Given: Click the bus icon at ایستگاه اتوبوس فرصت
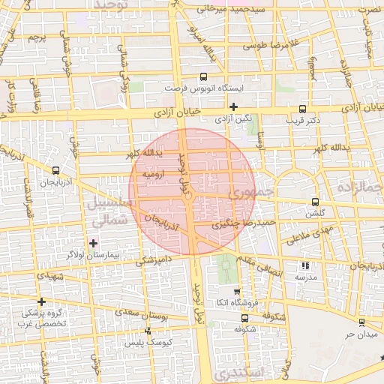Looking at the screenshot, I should click(203, 76).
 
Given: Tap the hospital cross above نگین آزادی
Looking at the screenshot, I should click(233, 106).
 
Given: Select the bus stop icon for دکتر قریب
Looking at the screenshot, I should click(302, 107).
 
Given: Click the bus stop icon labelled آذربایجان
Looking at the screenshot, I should click(56, 170).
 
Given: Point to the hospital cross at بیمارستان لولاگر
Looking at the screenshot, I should click(93, 243).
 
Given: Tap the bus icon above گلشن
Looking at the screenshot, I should click(315, 202).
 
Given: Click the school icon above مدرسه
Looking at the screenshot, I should click(304, 265).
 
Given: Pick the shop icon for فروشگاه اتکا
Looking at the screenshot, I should click(238, 292).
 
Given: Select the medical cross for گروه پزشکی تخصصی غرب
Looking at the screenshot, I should click(43, 301).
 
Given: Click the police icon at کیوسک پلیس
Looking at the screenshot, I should click(147, 331).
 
